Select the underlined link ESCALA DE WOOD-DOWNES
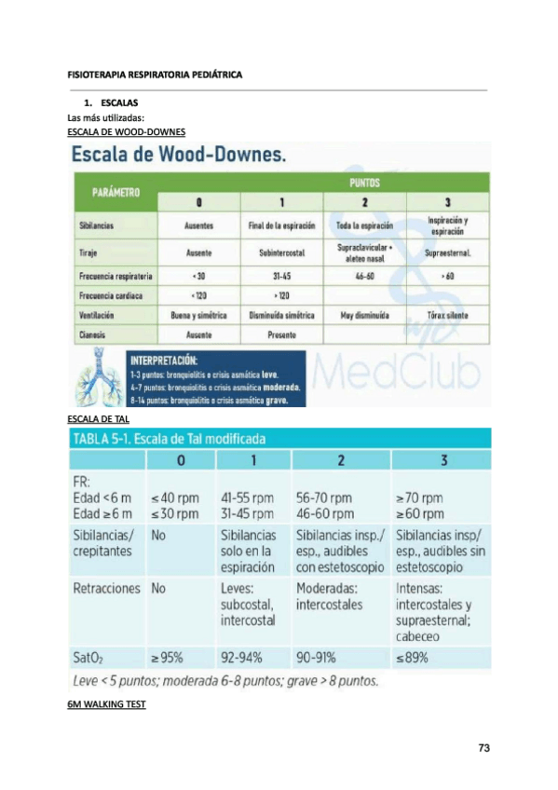(x=127, y=132)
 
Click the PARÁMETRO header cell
(x=116, y=193)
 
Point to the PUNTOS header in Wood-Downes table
(x=364, y=184)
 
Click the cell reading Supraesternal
(x=446, y=252)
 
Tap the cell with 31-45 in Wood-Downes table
(x=282, y=276)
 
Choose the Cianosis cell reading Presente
(x=282, y=333)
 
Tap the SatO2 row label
(x=89, y=657)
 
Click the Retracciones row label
(x=106, y=589)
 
